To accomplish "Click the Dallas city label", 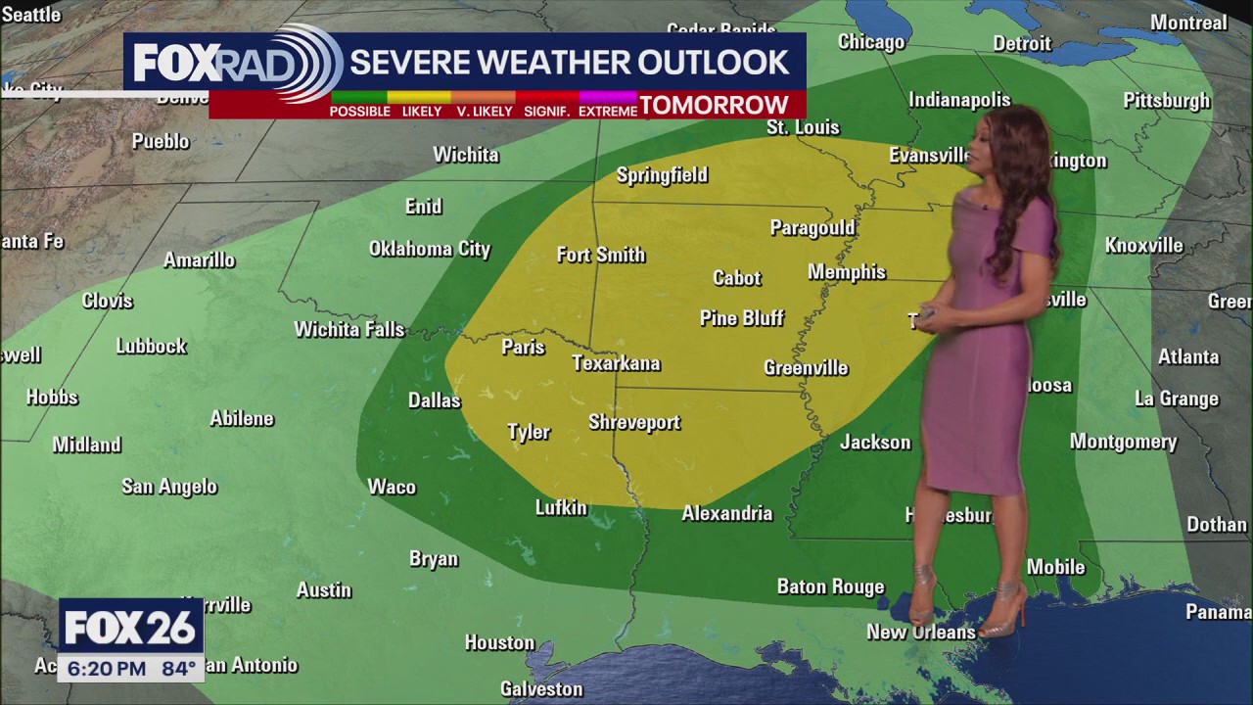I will [434, 400].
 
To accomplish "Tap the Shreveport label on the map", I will [634, 422].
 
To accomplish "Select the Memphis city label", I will [847, 272].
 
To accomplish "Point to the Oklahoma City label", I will [429, 249].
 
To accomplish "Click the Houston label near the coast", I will [499, 642].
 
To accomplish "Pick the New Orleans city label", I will [920, 633].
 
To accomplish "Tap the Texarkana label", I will [616, 363].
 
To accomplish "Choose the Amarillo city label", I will [199, 259].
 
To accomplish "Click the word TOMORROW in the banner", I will [714, 106].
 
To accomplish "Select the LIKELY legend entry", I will [422, 111].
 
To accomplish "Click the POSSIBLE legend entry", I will [359, 111].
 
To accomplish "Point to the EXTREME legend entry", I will [607, 111].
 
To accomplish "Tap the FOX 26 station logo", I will [130, 628].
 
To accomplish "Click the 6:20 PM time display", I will [105, 669].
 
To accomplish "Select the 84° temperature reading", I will [176, 669].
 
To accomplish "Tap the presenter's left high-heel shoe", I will [1003, 612].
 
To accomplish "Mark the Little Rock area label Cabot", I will [736, 278].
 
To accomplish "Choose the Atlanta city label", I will [1188, 356].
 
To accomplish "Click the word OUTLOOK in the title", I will [714, 62].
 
